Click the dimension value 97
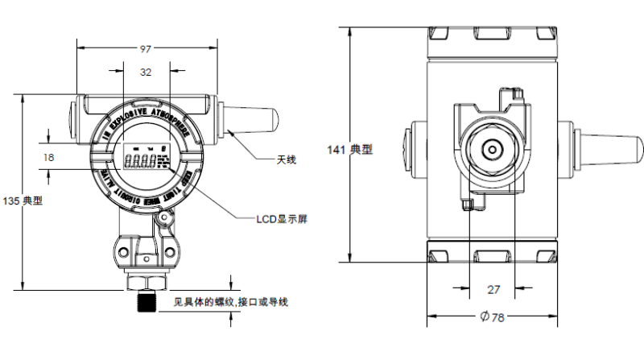146,50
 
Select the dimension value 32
146,72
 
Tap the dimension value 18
48,158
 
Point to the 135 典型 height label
23,201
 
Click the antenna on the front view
250,119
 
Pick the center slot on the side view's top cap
491,35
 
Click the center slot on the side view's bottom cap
491,257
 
